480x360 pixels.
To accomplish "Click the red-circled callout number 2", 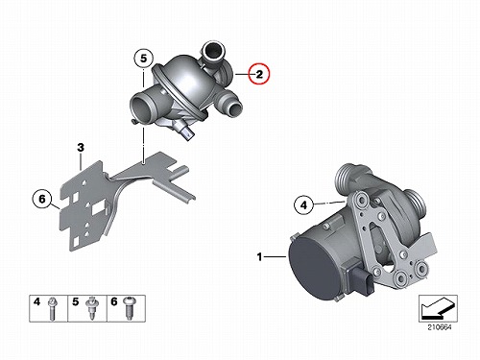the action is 259,74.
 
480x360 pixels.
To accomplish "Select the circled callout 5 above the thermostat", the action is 143,59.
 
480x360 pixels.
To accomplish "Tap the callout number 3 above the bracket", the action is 81,148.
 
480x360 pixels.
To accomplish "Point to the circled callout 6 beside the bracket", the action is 42,199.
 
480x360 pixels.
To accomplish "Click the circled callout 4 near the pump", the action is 303,204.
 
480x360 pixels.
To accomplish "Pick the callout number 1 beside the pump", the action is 259,256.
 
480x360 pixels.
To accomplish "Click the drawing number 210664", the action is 440,327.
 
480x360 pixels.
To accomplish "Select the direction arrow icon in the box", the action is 438,308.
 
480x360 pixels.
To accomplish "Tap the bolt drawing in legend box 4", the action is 52,309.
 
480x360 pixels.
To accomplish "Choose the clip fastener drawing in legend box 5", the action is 91,308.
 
